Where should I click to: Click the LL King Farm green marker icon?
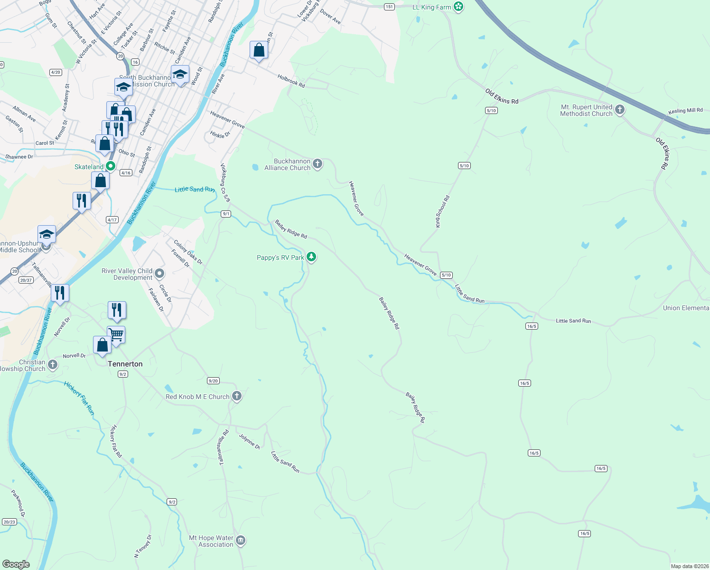point(458,7)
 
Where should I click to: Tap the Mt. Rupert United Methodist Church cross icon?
point(620,110)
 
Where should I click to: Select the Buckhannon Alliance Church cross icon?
point(318,164)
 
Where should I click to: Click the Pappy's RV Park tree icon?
point(311,257)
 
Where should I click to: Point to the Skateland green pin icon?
point(111,166)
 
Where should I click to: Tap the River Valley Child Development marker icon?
point(159,274)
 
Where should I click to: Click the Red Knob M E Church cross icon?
point(236,396)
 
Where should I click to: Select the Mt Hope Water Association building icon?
point(241,541)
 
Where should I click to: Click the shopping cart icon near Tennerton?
point(116,334)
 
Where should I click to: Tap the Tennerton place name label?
point(125,364)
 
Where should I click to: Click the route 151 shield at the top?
point(389,7)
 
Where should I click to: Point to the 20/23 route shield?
point(9,522)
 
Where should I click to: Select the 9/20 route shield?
point(213,380)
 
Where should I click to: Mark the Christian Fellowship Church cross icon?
point(53,365)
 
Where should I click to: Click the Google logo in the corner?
point(16,564)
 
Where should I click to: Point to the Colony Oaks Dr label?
point(188,252)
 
